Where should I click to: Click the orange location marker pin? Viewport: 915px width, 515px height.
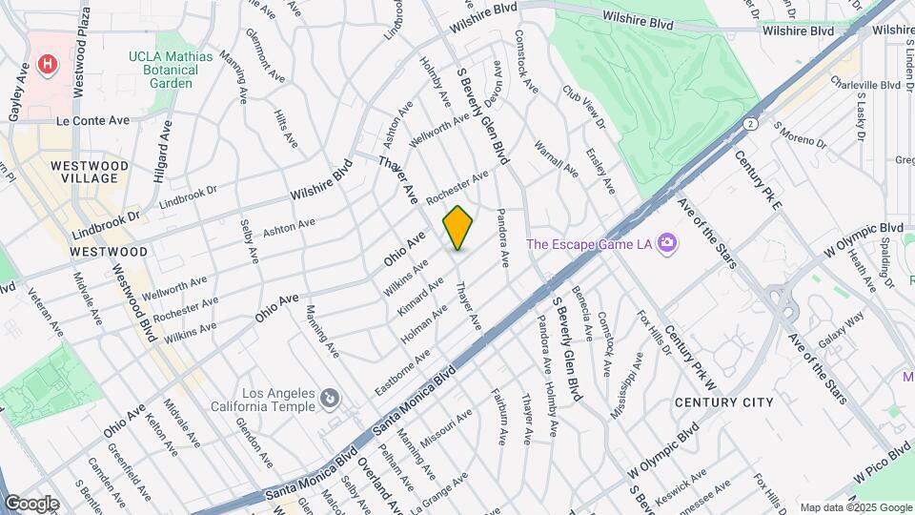click(458, 228)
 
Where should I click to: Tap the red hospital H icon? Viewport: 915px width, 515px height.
click(45, 64)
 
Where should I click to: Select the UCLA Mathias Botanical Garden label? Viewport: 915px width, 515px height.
click(172, 70)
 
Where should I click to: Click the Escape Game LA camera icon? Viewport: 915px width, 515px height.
click(666, 243)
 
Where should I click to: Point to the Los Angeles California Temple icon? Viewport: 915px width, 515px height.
click(328, 397)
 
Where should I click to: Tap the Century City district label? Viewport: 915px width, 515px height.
click(723, 402)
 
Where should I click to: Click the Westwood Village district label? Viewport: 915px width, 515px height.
click(89, 173)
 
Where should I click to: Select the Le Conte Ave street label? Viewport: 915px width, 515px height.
click(92, 121)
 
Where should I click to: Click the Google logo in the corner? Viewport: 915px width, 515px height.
click(30, 504)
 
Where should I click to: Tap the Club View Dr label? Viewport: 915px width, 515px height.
click(583, 110)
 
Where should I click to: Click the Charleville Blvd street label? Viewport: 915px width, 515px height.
click(865, 85)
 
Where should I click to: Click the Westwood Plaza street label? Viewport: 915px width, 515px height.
click(83, 51)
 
